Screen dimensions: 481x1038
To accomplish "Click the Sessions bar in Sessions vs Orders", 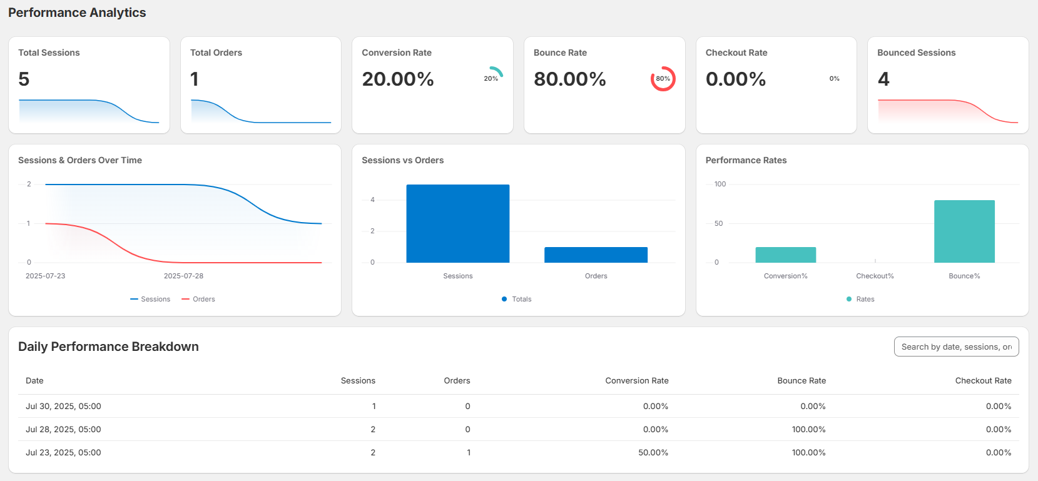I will [x=457, y=223].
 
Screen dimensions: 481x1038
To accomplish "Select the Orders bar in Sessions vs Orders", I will [x=596, y=255].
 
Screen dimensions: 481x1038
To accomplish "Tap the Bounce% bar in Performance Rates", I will [x=964, y=231].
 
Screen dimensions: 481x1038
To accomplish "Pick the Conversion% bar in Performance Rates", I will [x=785, y=255].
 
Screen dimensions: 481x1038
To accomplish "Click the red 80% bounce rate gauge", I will [x=663, y=79].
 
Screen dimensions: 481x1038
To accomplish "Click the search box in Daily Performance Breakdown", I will [x=956, y=347].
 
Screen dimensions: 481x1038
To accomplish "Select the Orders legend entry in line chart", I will [x=198, y=299].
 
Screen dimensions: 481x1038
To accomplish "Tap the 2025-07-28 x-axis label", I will [x=183, y=276].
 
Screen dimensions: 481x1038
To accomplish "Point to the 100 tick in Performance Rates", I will [x=720, y=184].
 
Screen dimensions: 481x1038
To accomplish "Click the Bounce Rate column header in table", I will [x=801, y=380].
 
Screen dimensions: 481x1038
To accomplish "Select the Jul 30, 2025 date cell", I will [x=63, y=406].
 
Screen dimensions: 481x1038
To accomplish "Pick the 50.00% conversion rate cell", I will [x=653, y=452].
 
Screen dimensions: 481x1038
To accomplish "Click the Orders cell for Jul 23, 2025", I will [x=468, y=452].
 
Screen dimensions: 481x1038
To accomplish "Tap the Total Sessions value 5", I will [x=24, y=79].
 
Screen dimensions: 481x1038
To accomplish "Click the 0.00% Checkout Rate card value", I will [x=736, y=79].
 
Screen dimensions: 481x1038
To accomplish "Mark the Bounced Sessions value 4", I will [x=883, y=79].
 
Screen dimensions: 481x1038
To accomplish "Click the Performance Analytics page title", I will [x=77, y=13].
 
